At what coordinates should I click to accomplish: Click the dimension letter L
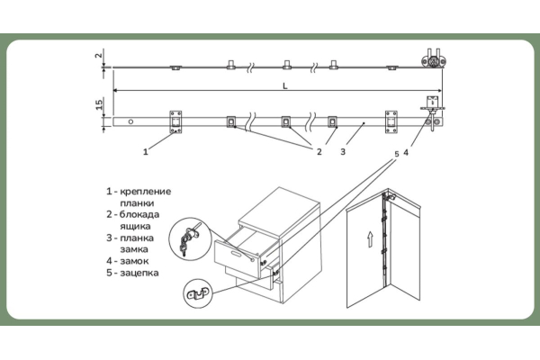(x=284, y=85)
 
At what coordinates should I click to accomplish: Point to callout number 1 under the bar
(x=145, y=152)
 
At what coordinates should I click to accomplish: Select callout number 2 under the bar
(x=318, y=152)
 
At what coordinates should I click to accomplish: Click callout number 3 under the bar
(x=343, y=152)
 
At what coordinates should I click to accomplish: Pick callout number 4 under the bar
(x=407, y=152)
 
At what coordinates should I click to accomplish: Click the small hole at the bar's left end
(x=131, y=121)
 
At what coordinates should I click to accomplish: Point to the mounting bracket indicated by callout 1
(x=175, y=121)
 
